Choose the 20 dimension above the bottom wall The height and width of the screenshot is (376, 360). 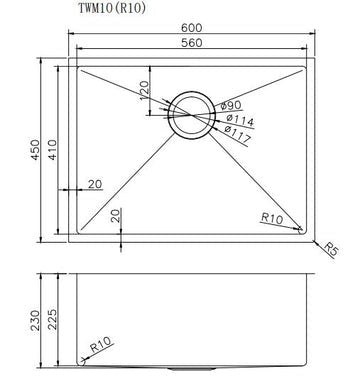click(x=115, y=213)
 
